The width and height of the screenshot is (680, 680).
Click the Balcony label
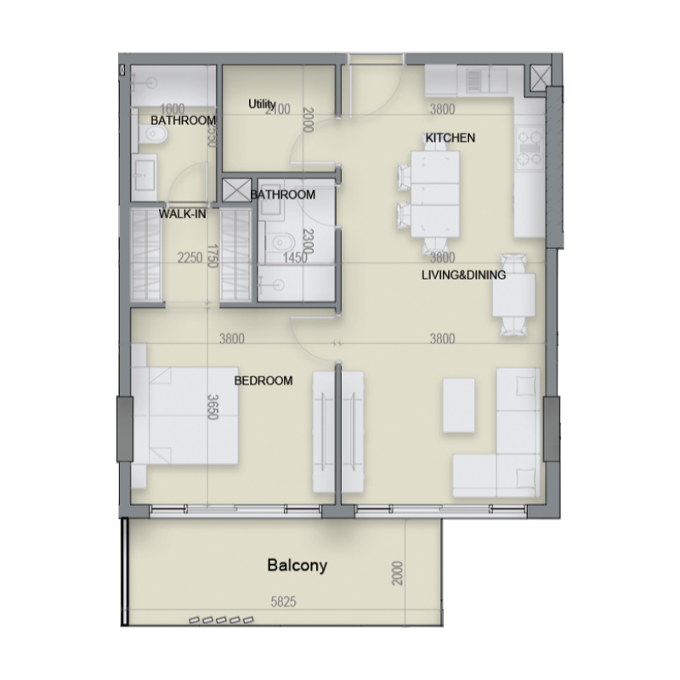point(297,564)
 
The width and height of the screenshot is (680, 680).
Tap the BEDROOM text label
point(263,381)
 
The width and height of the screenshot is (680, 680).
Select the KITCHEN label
point(450,138)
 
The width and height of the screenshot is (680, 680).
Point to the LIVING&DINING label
point(464,275)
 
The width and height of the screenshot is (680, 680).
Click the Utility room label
point(262,105)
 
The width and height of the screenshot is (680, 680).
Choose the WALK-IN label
point(183,215)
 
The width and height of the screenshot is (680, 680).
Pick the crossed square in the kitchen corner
point(541,77)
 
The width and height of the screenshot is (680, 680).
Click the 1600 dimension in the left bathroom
point(173,108)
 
